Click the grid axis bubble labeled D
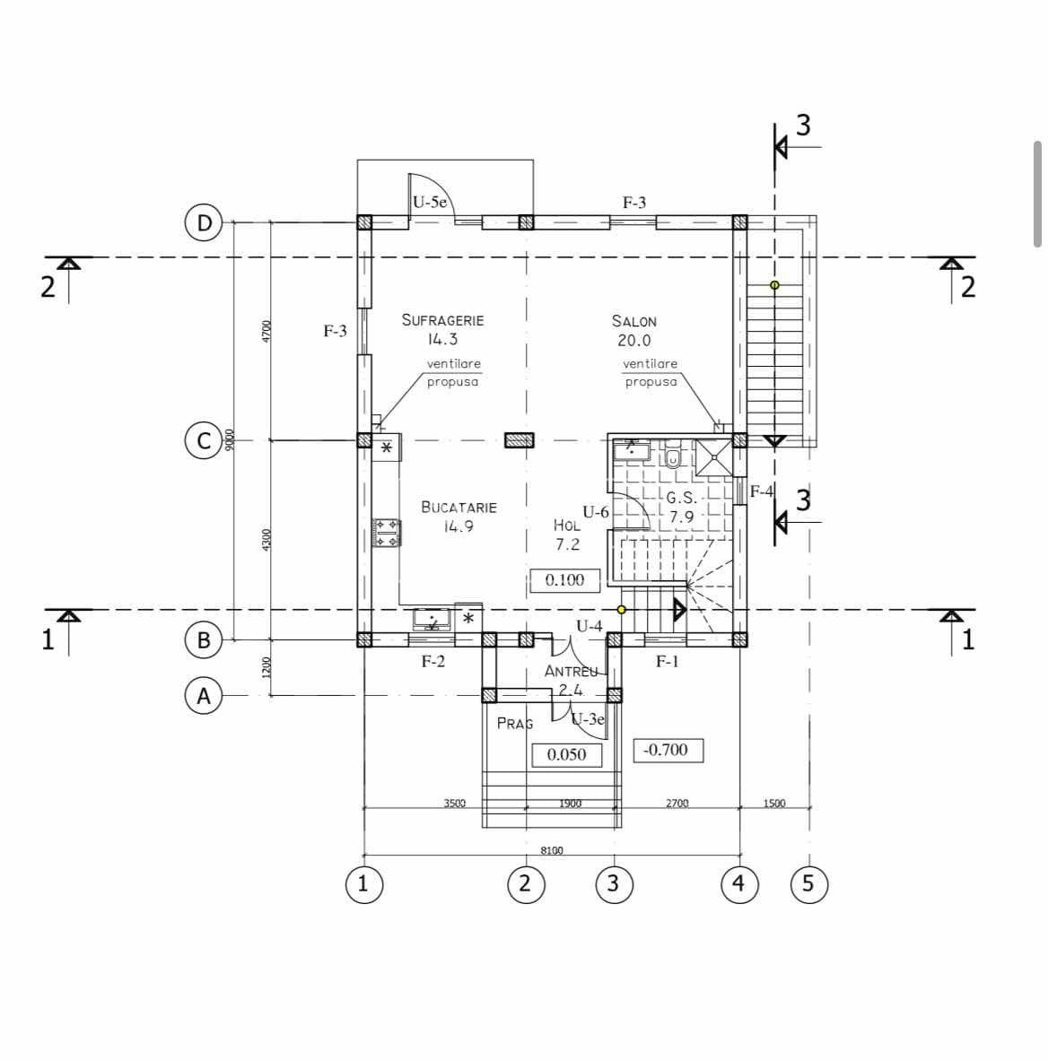click(204, 222)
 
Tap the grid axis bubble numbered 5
click(809, 883)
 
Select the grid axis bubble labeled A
click(204, 696)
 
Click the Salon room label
click(633, 321)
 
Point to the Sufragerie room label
click(442, 320)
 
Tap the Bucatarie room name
click(459, 508)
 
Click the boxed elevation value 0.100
click(564, 580)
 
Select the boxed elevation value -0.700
click(668, 751)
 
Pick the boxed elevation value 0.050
click(567, 754)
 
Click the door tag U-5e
click(430, 202)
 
